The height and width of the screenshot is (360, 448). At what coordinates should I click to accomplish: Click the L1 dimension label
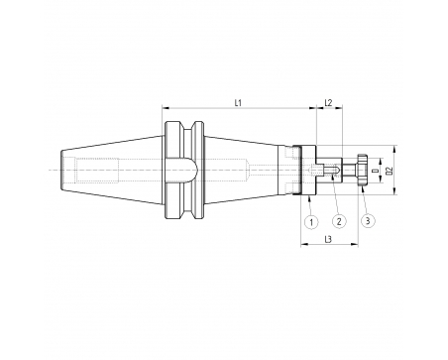pyautogui.click(x=238, y=103)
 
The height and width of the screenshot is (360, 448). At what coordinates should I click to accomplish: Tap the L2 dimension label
pyautogui.click(x=328, y=103)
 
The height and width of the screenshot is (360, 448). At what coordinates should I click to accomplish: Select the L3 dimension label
pyautogui.click(x=328, y=239)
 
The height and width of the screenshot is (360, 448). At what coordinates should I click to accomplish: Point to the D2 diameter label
pyautogui.click(x=390, y=171)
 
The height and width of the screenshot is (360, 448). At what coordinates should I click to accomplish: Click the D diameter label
pyautogui.click(x=376, y=171)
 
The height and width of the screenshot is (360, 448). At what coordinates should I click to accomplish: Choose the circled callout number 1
pyautogui.click(x=311, y=222)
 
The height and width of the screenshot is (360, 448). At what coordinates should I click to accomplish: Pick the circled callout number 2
pyautogui.click(x=339, y=221)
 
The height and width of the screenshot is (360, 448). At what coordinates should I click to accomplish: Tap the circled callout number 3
pyautogui.click(x=369, y=220)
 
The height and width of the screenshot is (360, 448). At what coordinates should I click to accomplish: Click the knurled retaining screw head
pyautogui.click(x=362, y=171)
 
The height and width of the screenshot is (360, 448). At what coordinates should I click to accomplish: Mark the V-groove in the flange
pyautogui.click(x=188, y=171)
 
